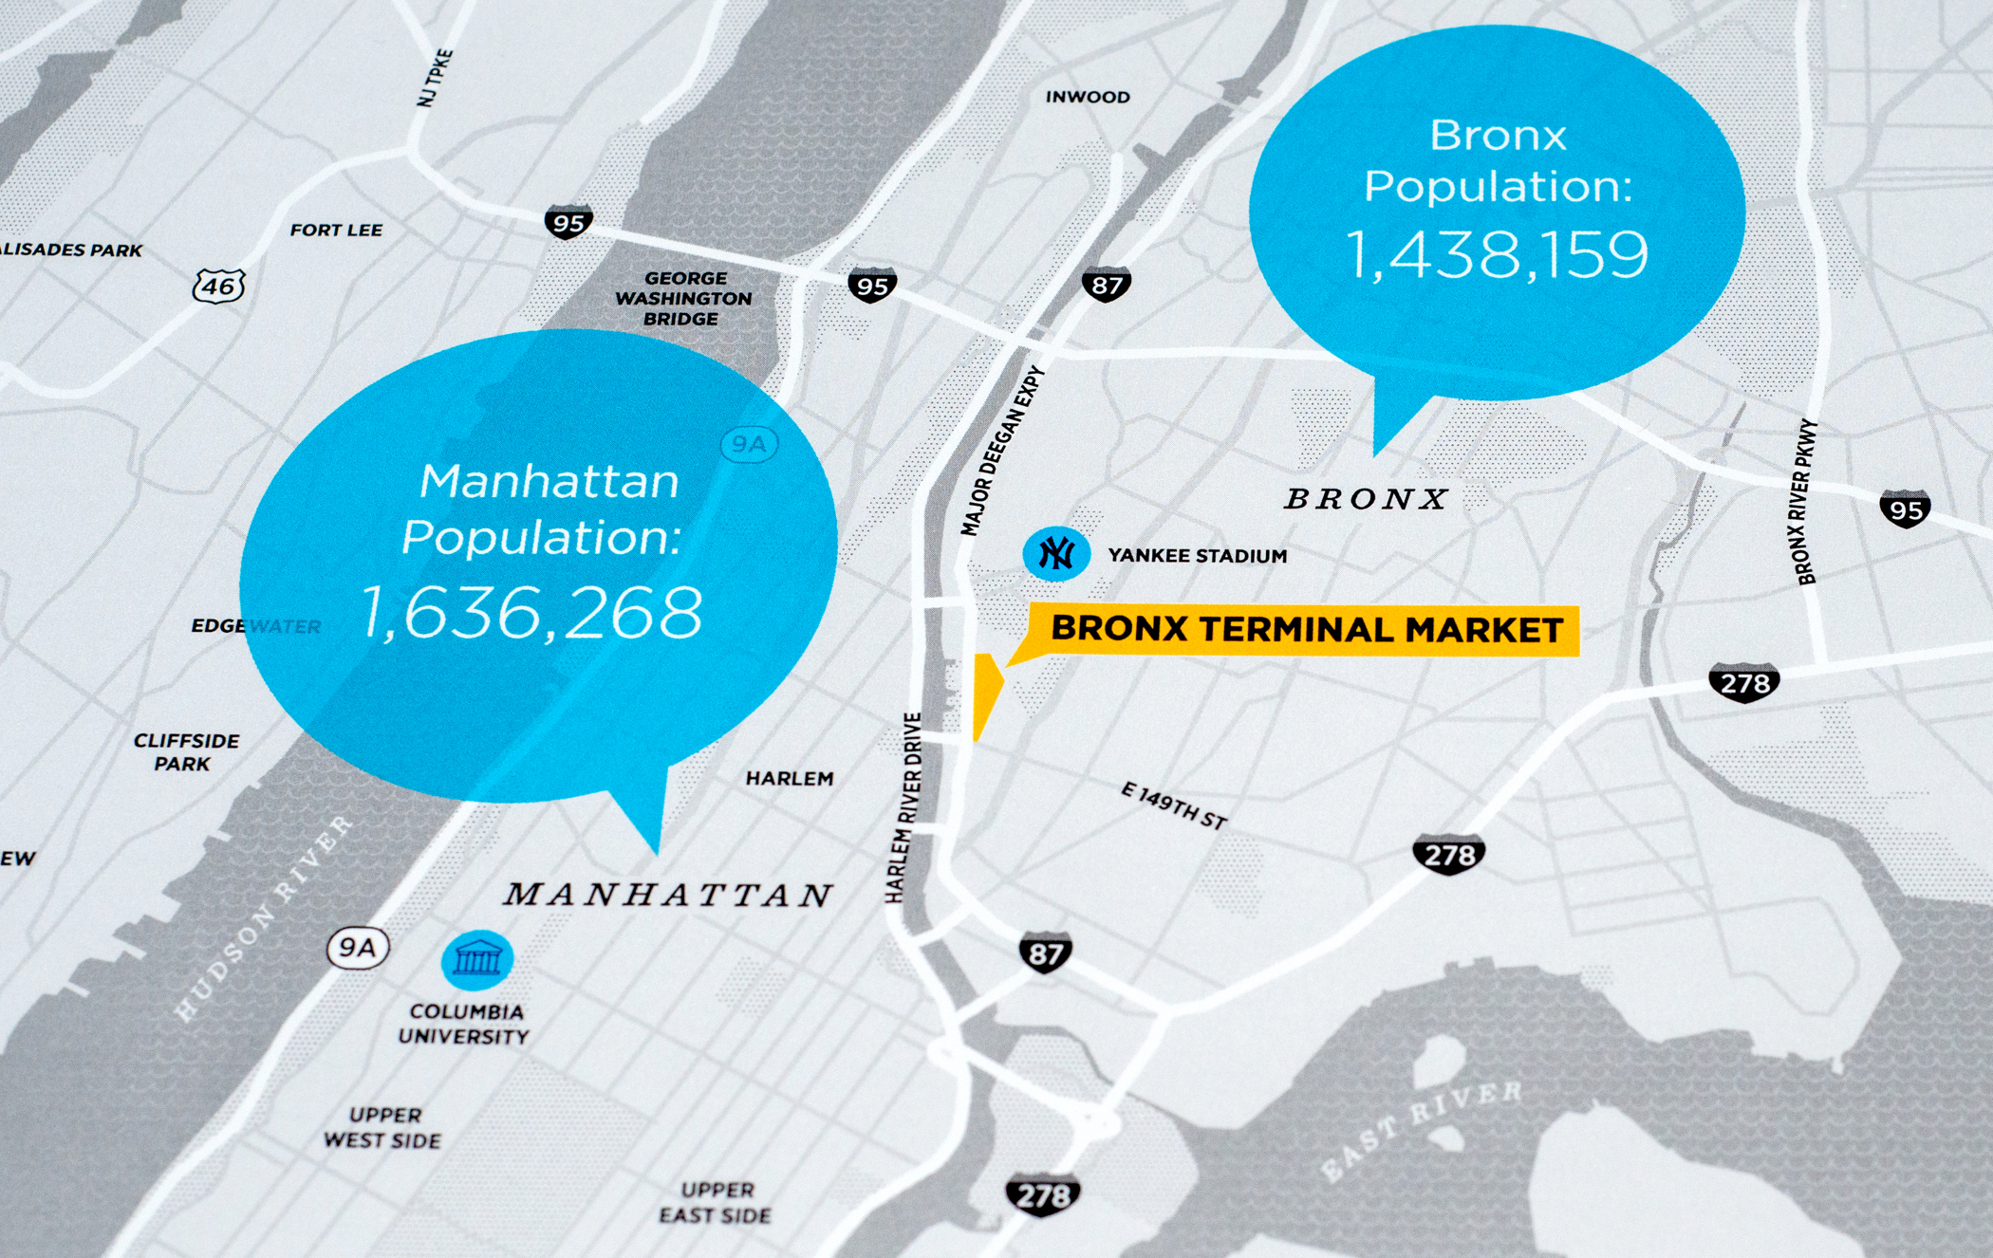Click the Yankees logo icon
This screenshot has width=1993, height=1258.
(1055, 553)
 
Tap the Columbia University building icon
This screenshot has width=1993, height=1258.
(477, 959)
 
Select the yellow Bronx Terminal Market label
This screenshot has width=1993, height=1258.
(1307, 629)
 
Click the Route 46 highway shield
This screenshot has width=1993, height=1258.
(219, 286)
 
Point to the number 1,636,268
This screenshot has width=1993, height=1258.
(532, 612)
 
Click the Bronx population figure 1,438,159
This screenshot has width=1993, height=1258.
(1498, 254)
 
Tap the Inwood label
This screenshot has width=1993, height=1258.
(1088, 97)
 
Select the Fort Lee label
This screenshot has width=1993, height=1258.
(336, 230)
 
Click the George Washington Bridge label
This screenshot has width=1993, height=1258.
(683, 298)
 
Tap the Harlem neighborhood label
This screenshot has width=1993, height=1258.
(790, 778)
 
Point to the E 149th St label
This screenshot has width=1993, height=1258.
(1174, 805)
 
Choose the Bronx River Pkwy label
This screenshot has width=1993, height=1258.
(1806, 502)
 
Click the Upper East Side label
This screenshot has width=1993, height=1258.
(716, 1202)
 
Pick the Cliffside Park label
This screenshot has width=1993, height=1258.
(186, 751)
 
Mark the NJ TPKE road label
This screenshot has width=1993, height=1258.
(436, 78)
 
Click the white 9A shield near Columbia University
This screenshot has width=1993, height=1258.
(358, 948)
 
